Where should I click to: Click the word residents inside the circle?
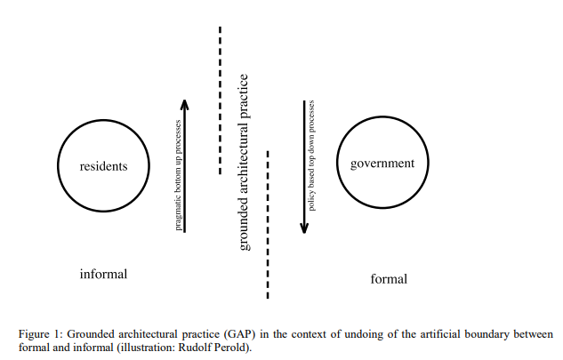click(x=103, y=166)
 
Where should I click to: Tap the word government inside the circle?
click(x=382, y=164)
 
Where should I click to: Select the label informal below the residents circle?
click(x=103, y=274)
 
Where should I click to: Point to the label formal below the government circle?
click(x=389, y=279)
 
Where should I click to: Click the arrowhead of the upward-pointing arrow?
click(x=185, y=104)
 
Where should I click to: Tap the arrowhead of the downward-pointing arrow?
click(x=304, y=228)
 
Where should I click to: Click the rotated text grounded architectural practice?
click(x=244, y=163)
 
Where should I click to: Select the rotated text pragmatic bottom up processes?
click(x=178, y=175)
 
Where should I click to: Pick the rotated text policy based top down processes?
click(x=311, y=156)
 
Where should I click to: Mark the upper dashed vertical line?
click(x=220, y=100)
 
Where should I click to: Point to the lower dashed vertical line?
click(x=268, y=225)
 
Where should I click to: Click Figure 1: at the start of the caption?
click(x=41, y=334)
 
